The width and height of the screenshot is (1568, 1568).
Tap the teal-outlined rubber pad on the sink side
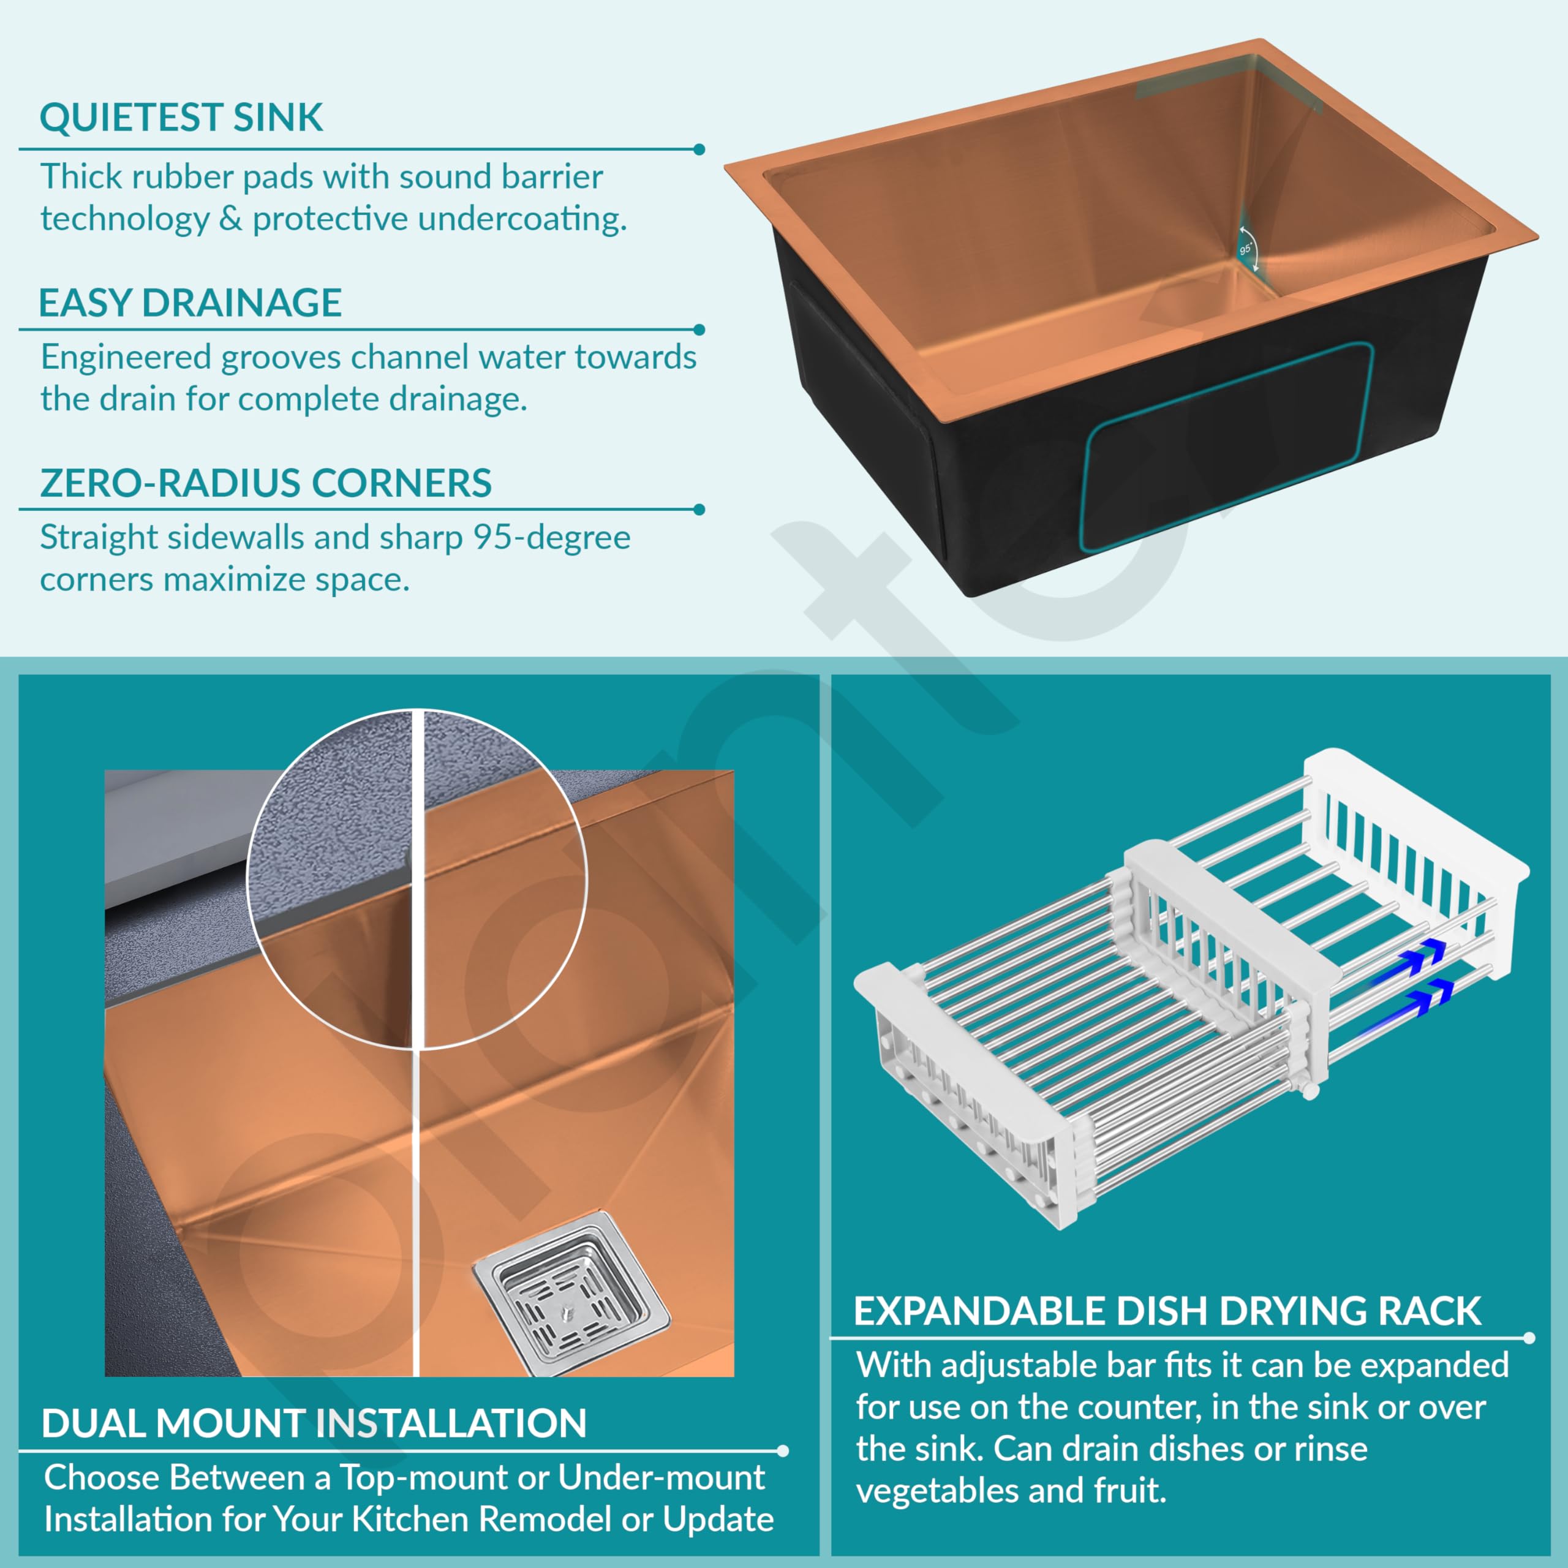[1227, 447]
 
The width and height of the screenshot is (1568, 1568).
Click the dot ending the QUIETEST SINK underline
[699, 149]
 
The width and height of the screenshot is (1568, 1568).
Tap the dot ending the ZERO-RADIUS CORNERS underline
[699, 510]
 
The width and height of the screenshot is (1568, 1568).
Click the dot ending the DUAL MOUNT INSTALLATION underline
[782, 1451]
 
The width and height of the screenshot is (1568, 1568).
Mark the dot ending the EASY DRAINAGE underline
[699, 330]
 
